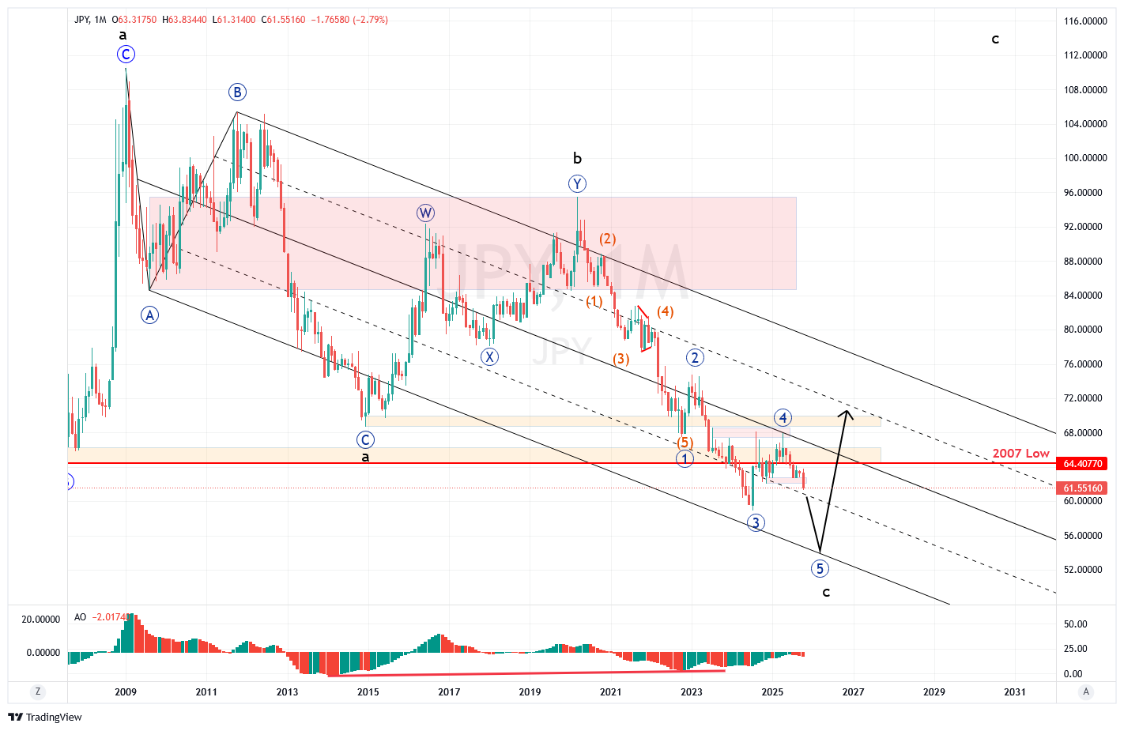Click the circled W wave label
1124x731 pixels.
click(x=425, y=213)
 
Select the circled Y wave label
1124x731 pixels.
click(x=578, y=184)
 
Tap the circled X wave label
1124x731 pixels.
click(x=489, y=357)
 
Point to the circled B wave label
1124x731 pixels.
click(x=237, y=92)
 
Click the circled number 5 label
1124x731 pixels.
click(x=820, y=569)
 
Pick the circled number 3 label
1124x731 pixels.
click(x=756, y=523)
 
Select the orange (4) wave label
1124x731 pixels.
click(x=666, y=311)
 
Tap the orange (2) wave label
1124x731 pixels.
click(x=607, y=239)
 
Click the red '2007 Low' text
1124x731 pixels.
click(x=1020, y=454)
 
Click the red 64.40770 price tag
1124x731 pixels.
click(x=1082, y=464)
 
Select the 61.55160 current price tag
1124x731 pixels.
click(x=1082, y=488)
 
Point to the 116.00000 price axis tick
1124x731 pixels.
click(x=1085, y=21)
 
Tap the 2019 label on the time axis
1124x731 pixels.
click(x=530, y=692)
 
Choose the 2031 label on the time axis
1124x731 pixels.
click(x=1015, y=692)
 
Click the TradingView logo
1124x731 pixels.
click(x=44, y=718)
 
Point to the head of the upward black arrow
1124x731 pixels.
click(x=847, y=411)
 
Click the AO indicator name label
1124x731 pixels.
click(x=80, y=617)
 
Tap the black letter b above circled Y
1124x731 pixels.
click(x=578, y=159)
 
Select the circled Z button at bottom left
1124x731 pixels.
click(x=38, y=691)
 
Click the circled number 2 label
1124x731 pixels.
click(x=695, y=358)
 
